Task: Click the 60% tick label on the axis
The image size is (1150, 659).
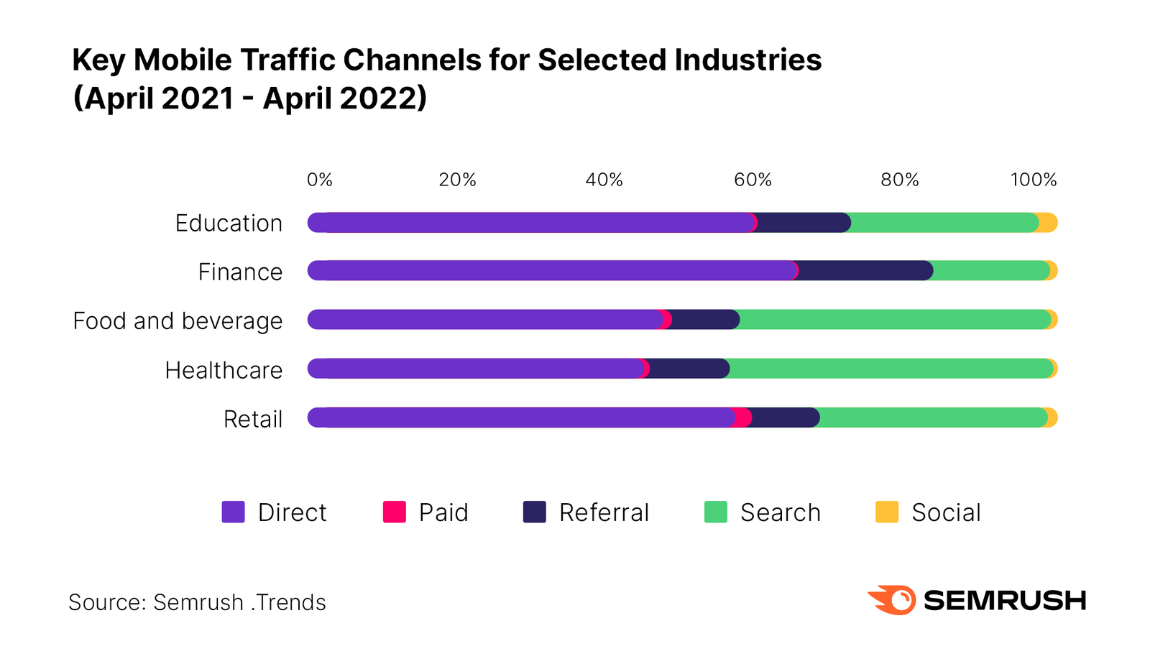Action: [x=752, y=180]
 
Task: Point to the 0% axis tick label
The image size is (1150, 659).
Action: [x=319, y=180]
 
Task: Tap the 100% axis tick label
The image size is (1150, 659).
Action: [x=1033, y=180]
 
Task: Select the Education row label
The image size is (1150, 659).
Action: [x=229, y=223]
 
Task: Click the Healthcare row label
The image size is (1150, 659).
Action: [x=224, y=370]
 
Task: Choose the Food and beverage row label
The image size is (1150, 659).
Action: [x=178, y=321]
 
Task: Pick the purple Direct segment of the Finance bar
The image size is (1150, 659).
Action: [x=550, y=271]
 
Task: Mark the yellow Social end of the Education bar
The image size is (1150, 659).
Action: [x=1049, y=223]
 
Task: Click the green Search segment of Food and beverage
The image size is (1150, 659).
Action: [x=895, y=320]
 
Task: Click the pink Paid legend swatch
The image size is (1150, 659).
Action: [x=395, y=512]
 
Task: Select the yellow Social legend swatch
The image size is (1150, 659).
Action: [x=887, y=512]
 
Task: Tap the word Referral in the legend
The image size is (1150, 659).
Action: [x=604, y=512]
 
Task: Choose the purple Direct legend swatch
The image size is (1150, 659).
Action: [x=234, y=512]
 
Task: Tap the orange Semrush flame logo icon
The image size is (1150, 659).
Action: [x=893, y=600]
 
